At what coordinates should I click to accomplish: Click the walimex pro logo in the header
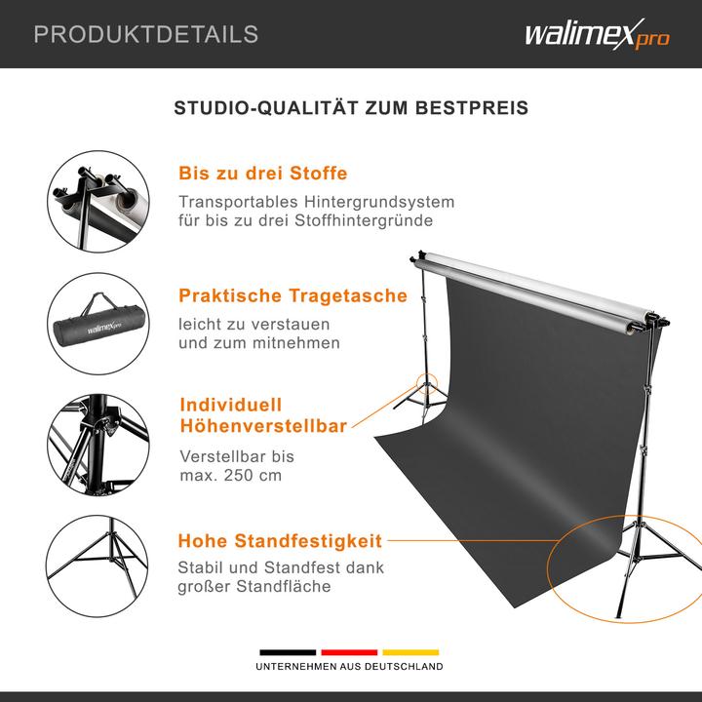point(597,36)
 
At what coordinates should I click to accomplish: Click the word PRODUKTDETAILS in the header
point(146,35)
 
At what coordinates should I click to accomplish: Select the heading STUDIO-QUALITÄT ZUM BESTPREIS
point(351,107)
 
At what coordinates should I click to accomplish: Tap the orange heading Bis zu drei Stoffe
point(263,175)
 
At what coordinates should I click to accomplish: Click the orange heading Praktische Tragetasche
point(292,295)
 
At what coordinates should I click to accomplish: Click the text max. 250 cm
point(231,476)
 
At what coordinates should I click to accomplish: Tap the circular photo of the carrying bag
point(100,324)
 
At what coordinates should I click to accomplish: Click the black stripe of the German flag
point(288,651)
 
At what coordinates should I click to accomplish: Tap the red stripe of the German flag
point(349,651)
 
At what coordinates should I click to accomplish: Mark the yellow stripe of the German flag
point(410,651)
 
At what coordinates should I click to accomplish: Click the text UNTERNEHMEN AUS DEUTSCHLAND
point(349,667)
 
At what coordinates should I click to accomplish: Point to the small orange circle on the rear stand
point(426,383)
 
